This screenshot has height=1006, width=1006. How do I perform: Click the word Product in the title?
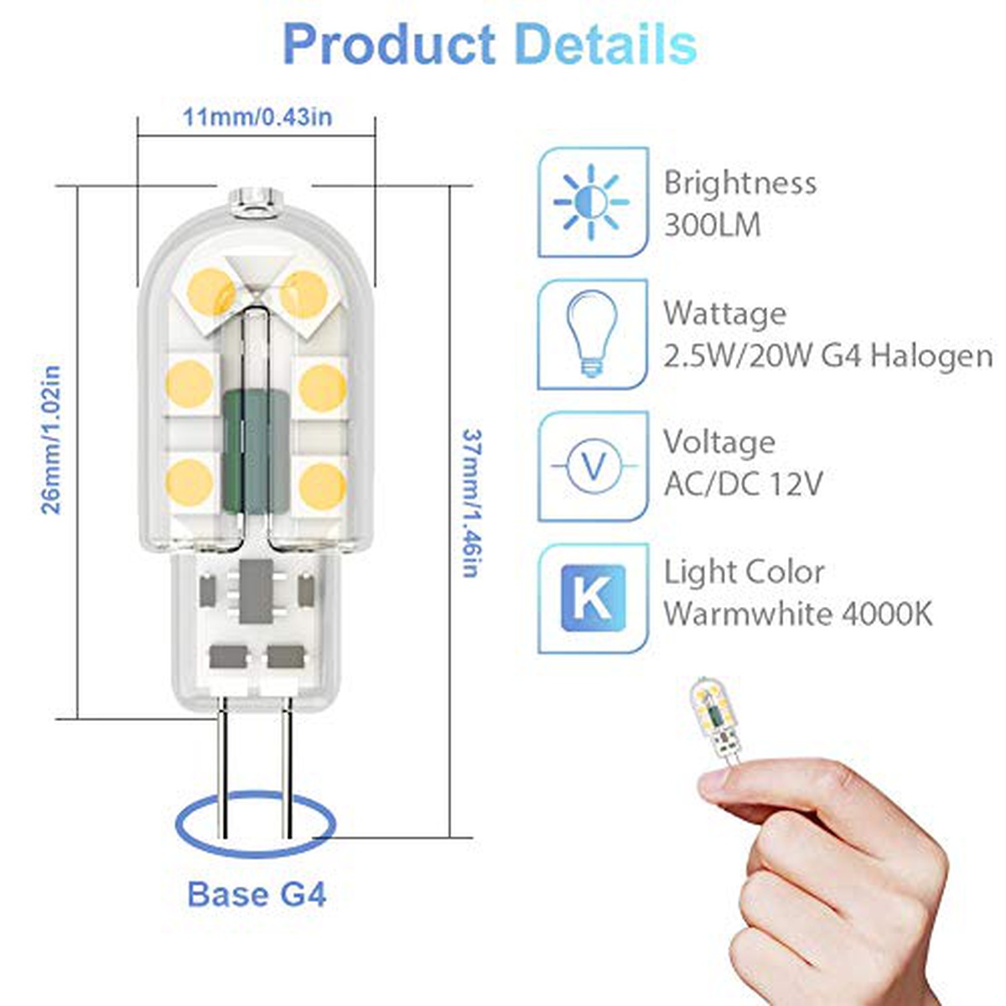click(x=389, y=44)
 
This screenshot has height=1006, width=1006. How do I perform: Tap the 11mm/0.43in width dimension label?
click(x=257, y=117)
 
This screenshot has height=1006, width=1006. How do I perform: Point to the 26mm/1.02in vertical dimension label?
click(x=51, y=439)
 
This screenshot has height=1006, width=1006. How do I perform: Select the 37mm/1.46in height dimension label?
click(x=470, y=503)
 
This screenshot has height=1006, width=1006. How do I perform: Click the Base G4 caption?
click(x=257, y=895)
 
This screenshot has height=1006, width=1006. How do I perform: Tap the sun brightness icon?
click(x=591, y=201)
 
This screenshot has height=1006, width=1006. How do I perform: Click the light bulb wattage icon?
click(x=593, y=333)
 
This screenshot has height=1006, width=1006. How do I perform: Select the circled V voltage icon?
click(x=594, y=465)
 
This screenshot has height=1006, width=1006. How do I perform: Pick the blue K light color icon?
click(x=593, y=599)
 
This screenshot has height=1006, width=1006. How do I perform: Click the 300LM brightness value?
click(x=712, y=226)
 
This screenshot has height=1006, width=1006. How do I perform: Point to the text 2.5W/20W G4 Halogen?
click(x=828, y=356)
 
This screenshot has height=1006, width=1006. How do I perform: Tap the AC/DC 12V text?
click(x=743, y=484)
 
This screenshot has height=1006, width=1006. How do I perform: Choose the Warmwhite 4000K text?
click(x=798, y=614)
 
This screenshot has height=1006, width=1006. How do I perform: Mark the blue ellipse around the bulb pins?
click(x=256, y=850)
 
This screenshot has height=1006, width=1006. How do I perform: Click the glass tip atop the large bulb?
click(x=256, y=202)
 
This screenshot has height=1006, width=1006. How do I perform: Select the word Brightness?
click(x=740, y=184)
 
